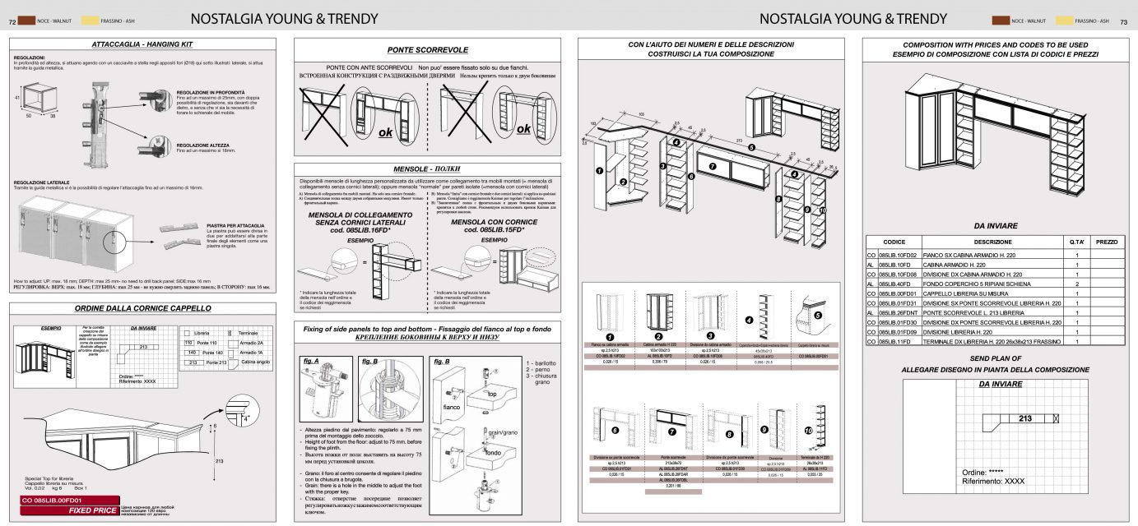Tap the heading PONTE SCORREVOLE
(x=427, y=49)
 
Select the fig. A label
(x=311, y=360)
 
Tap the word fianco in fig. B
(x=452, y=406)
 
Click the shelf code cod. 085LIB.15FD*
(x=494, y=230)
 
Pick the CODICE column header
(x=894, y=242)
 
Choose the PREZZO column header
(x=1107, y=242)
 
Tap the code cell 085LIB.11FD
(x=896, y=340)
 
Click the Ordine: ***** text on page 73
(x=983, y=473)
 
